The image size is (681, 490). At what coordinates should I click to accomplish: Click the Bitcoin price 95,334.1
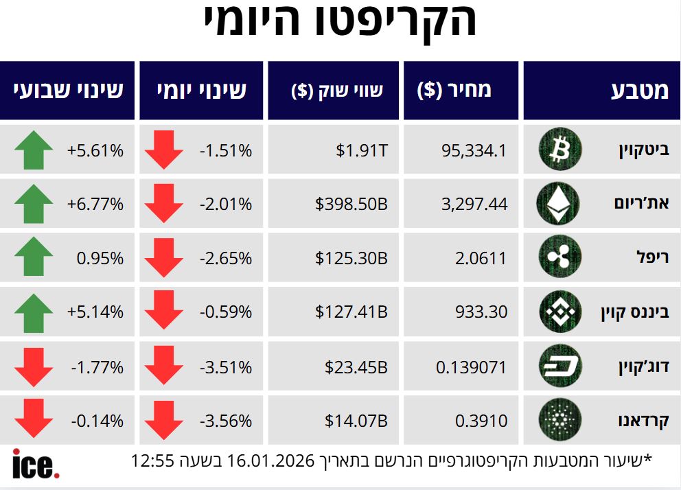tap(473, 150)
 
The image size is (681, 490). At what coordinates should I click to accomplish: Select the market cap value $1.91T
tap(362, 150)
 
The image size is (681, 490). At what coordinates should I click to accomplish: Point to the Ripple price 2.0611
tap(481, 258)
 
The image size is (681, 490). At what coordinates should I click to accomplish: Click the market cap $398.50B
tap(351, 204)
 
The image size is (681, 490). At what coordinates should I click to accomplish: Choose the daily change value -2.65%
tap(226, 258)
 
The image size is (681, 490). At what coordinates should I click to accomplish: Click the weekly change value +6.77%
tap(95, 204)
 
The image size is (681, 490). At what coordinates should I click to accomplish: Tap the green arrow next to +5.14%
tap(33, 312)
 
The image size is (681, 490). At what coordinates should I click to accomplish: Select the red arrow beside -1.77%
tap(33, 366)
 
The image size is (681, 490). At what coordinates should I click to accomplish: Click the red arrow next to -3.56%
tap(164, 420)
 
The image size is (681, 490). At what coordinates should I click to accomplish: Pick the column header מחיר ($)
tap(454, 91)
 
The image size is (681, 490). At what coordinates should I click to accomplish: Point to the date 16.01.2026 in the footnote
tap(274, 460)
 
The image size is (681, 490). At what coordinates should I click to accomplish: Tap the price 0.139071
tap(472, 366)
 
